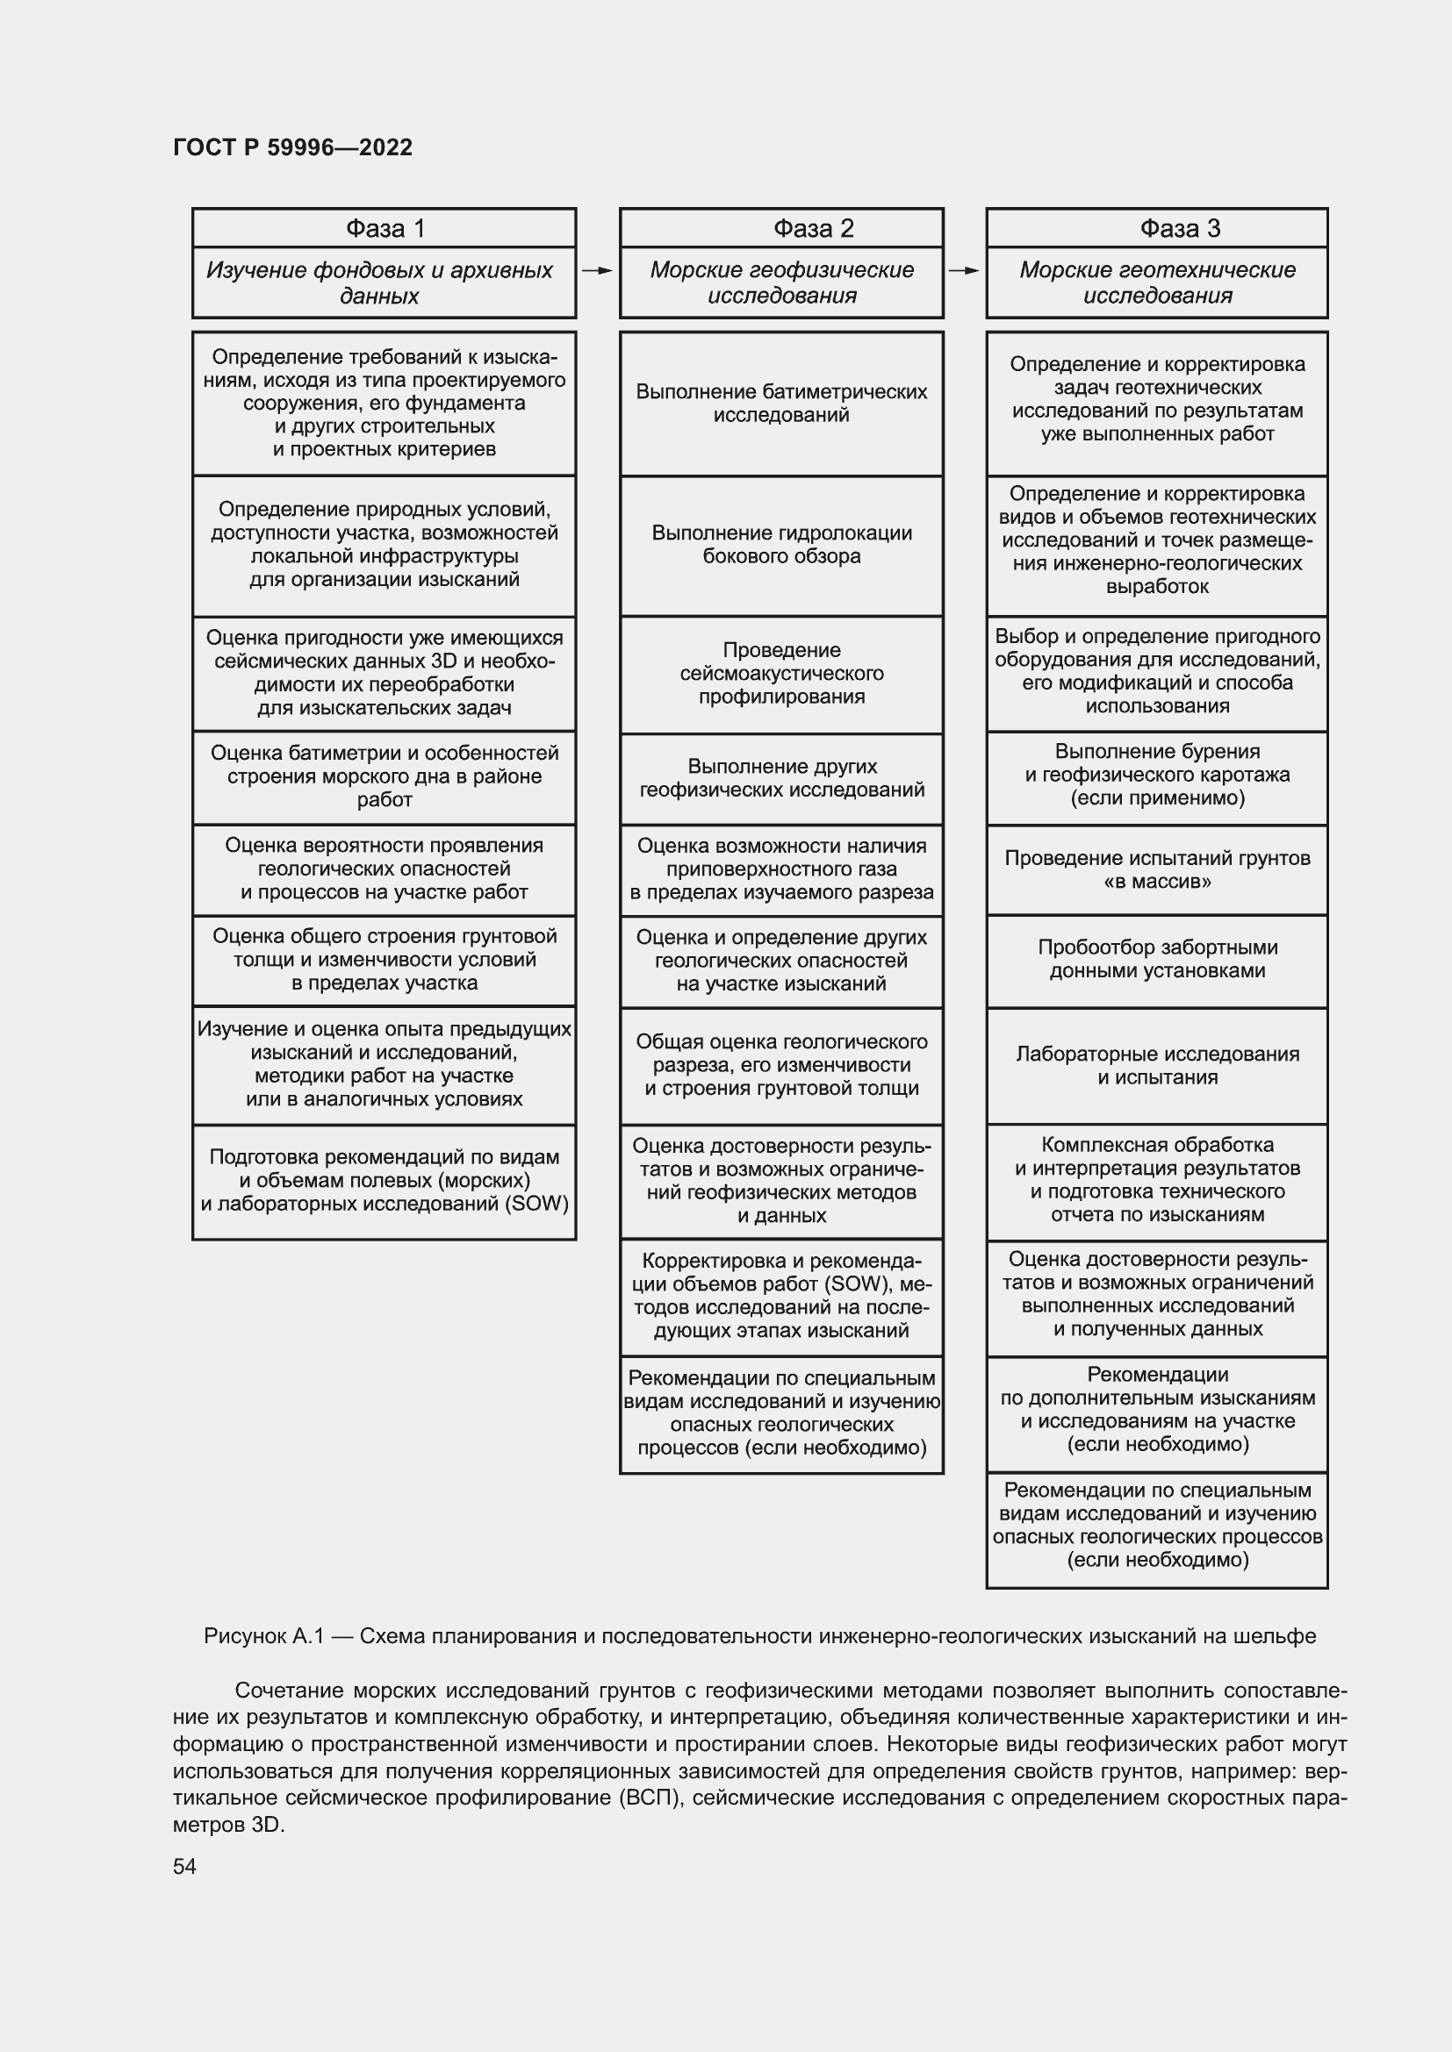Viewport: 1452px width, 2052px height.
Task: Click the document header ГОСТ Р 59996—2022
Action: click(x=292, y=147)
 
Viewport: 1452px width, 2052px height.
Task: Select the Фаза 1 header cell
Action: click(x=384, y=229)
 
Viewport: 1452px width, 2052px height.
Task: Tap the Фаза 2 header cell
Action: click(x=780, y=229)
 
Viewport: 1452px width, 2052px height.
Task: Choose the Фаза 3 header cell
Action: click(x=1156, y=229)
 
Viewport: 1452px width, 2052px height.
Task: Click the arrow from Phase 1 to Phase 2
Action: click(x=597, y=270)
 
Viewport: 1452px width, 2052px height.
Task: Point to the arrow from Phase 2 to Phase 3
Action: click(x=964, y=270)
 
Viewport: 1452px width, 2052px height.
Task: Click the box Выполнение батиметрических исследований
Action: click(x=780, y=403)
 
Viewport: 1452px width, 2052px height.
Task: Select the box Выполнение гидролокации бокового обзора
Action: click(x=780, y=545)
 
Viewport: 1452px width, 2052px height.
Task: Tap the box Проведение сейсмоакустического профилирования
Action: click(x=780, y=674)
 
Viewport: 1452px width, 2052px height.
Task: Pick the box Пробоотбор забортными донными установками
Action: click(x=1156, y=959)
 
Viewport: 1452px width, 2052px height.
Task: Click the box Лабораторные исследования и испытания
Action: click(x=1156, y=1065)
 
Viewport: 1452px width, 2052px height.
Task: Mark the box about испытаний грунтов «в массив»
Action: click(x=1156, y=869)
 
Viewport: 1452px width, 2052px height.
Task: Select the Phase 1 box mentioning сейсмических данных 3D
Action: click(x=384, y=673)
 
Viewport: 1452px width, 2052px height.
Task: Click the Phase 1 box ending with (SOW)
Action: click(x=384, y=1181)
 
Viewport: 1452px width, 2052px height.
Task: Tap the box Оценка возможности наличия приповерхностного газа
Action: click(x=780, y=869)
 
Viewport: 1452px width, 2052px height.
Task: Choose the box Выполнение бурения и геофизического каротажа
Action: click(x=1156, y=775)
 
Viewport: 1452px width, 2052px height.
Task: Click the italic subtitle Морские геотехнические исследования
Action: click(x=1156, y=282)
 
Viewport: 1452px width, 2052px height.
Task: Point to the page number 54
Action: click(x=184, y=1867)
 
